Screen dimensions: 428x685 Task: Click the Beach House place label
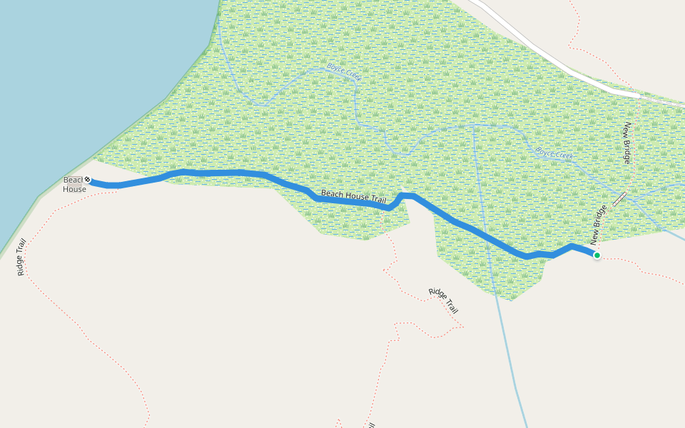(74, 184)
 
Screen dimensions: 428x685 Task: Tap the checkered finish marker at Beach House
(87, 179)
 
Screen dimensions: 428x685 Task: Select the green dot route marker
(597, 255)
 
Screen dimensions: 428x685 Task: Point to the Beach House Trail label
(353, 198)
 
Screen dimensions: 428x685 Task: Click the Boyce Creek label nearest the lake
(344, 72)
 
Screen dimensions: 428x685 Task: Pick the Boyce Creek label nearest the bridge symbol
(554, 153)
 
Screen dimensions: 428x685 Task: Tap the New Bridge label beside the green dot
(598, 225)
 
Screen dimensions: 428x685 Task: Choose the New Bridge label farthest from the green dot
(627, 143)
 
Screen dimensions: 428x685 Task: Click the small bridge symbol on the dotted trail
(619, 199)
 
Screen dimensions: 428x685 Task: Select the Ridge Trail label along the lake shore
(21, 257)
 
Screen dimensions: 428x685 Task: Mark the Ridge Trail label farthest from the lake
(443, 301)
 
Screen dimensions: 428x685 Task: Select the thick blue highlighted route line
(214, 173)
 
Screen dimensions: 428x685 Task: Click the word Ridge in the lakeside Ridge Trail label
(20, 265)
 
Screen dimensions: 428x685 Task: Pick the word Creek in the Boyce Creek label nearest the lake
(352, 76)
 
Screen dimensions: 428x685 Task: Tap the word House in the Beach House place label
(74, 189)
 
